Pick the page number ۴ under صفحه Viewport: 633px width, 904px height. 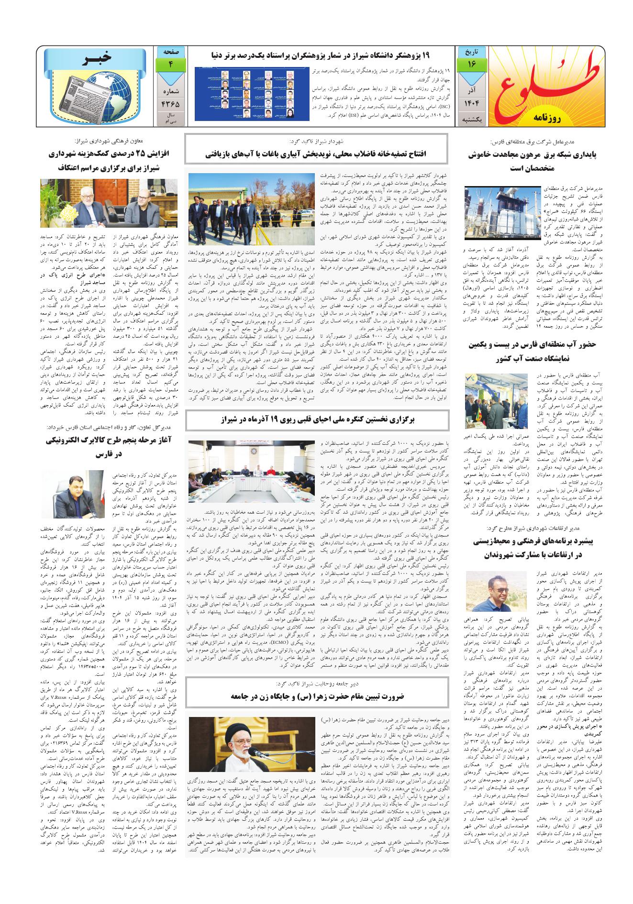click(170, 64)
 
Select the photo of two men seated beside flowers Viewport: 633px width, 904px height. click(108, 203)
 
